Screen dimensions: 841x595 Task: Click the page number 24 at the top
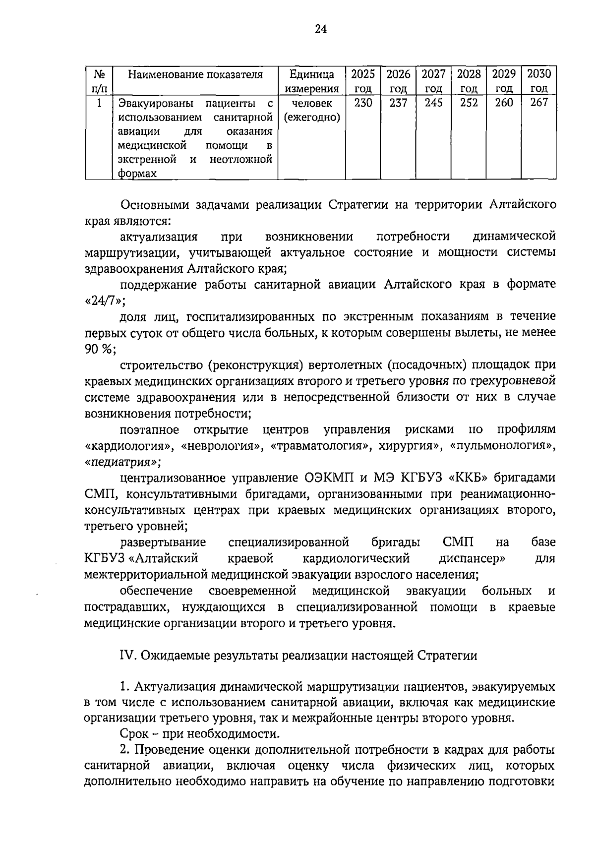[x=321, y=29]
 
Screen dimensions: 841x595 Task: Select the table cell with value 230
[x=363, y=103]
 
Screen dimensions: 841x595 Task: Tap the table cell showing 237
[x=398, y=103]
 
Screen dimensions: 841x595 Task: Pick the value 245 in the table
[x=433, y=103]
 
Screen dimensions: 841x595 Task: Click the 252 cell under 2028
[x=469, y=103]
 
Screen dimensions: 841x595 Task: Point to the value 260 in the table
[x=504, y=103]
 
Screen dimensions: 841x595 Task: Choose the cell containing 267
[x=539, y=103]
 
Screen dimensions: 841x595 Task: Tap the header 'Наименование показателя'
[x=195, y=75]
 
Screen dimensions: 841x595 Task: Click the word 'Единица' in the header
[x=312, y=75]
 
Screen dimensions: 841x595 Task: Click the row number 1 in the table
[x=99, y=103]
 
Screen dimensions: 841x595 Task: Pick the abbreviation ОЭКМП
[x=328, y=478]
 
